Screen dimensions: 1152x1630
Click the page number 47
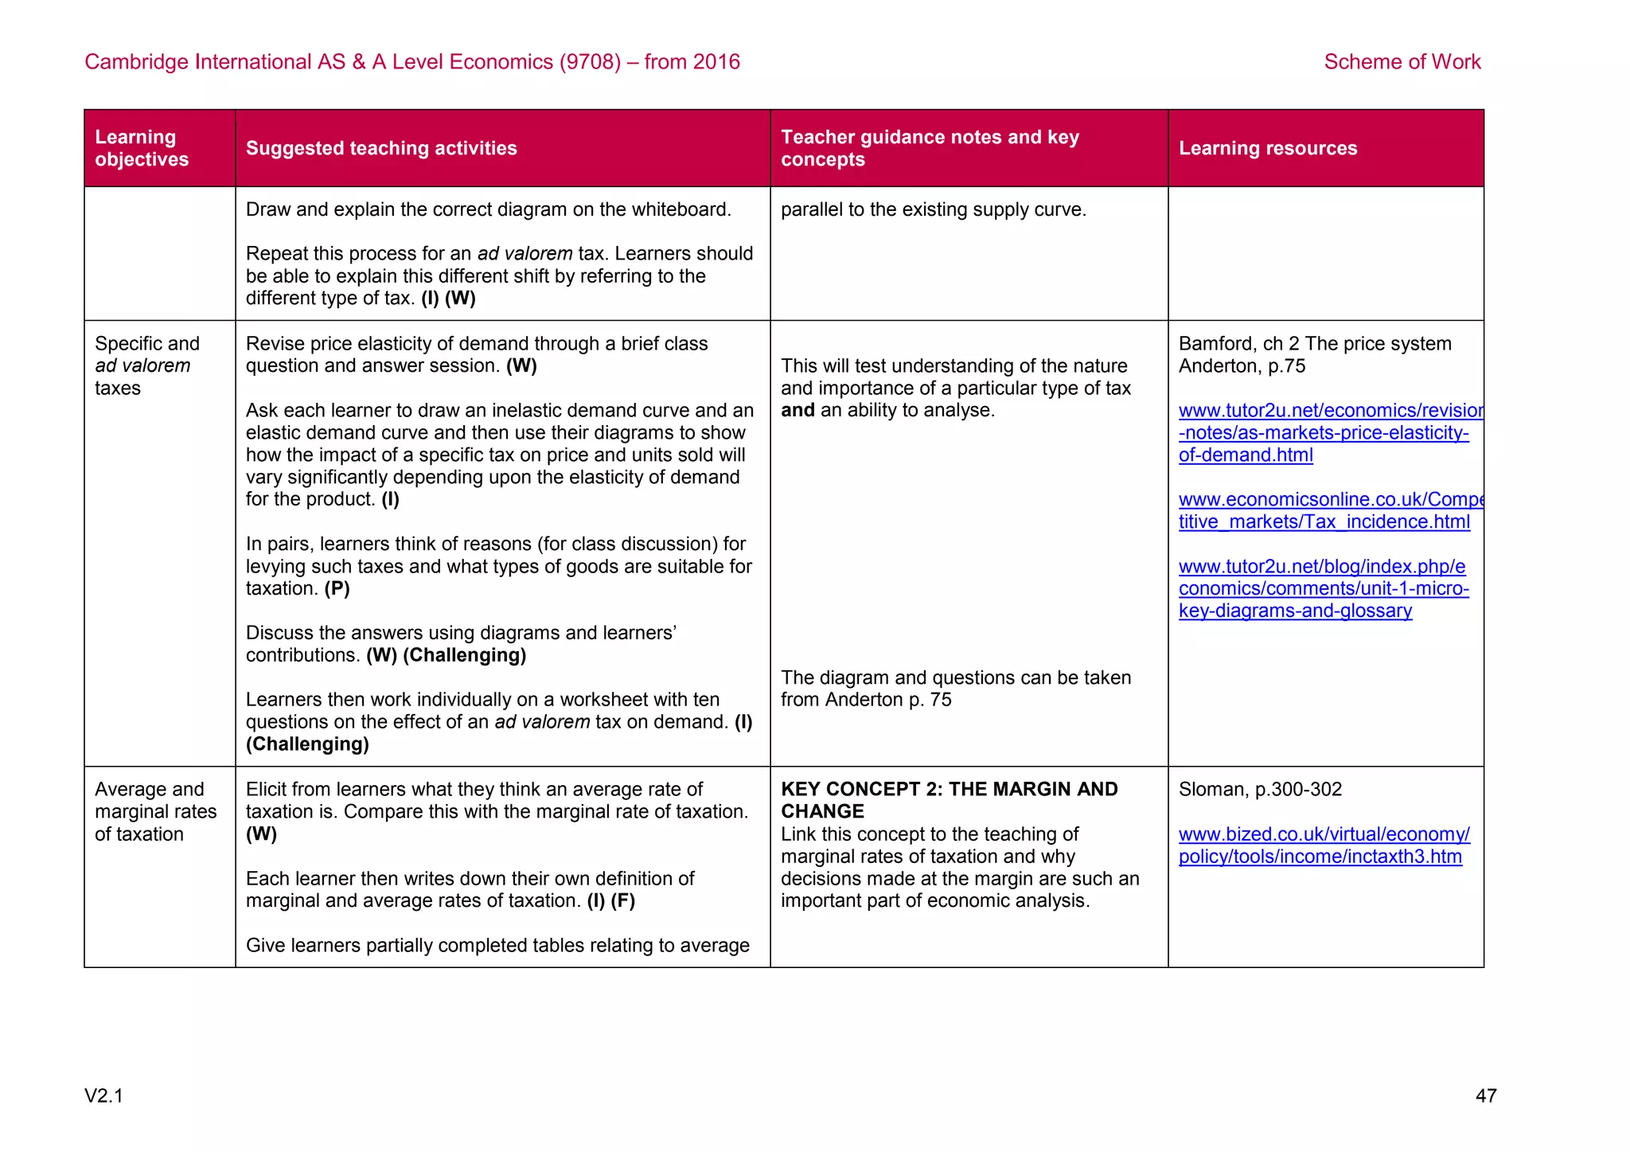click(x=1485, y=1096)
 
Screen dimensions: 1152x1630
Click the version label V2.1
click(x=103, y=1096)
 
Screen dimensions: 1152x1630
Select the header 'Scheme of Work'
click(x=1402, y=62)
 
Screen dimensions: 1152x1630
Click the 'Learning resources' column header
click(x=1267, y=148)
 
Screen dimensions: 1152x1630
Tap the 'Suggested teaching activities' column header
click(x=381, y=148)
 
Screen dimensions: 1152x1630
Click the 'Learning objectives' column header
click(x=142, y=148)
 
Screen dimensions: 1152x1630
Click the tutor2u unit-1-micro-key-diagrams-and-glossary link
click(x=1324, y=589)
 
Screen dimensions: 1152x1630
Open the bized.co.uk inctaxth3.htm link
click(x=1323, y=845)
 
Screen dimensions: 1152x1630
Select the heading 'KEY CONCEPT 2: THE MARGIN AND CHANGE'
click(x=949, y=800)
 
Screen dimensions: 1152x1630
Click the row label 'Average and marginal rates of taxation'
click(x=155, y=812)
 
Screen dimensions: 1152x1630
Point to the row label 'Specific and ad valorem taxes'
click(x=146, y=366)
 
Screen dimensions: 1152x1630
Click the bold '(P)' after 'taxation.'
click(x=337, y=589)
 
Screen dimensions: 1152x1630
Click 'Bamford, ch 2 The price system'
click(x=1314, y=344)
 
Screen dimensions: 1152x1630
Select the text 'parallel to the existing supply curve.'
click(x=933, y=210)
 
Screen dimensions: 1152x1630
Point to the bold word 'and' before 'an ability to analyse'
click(x=797, y=411)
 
